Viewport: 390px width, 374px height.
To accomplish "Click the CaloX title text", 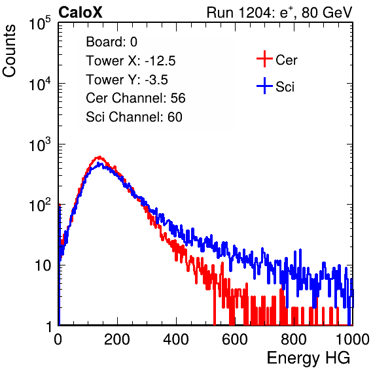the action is (80, 12).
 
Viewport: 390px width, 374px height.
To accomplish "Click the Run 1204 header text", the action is (279, 12).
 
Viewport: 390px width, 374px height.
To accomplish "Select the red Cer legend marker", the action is (264, 59).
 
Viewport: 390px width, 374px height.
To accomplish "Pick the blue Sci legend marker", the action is (264, 86).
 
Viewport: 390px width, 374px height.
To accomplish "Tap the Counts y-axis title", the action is (9, 51).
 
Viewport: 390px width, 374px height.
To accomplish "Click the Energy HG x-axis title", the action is (308, 358).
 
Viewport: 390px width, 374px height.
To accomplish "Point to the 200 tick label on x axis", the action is (117, 339).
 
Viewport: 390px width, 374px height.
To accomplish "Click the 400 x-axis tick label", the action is (176, 339).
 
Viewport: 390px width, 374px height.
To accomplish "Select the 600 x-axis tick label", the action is (235, 339).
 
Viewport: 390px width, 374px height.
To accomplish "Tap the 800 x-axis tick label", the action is (294, 339).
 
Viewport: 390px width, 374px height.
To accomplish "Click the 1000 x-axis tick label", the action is (353, 339).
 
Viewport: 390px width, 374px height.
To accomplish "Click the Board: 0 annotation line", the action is (111, 42).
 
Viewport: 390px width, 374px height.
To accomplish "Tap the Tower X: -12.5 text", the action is (131, 61).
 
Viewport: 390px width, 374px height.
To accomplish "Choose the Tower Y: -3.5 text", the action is (127, 80).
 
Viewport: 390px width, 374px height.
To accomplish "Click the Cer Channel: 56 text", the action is (135, 98).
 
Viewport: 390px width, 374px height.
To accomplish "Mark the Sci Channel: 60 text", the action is (134, 117).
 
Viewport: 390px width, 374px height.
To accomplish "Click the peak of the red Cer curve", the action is (99, 157).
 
